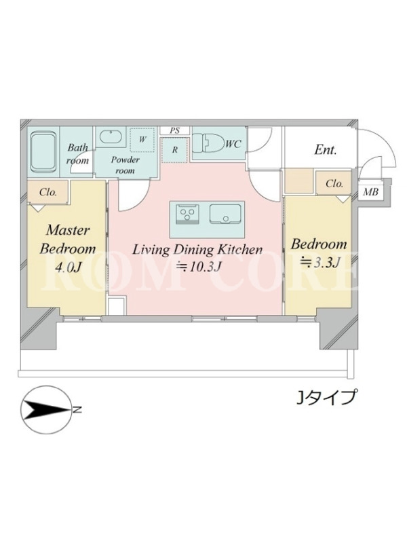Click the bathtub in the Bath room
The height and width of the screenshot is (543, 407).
[43, 151]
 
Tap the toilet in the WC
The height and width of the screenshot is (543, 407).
[208, 142]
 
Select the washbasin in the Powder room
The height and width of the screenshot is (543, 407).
[111, 136]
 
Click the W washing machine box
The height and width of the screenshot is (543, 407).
[142, 140]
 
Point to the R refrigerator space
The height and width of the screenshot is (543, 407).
[175, 150]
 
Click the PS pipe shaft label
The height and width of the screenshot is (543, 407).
[175, 130]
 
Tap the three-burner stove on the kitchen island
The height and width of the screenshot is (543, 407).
[188, 214]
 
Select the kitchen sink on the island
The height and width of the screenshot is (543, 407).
[225, 214]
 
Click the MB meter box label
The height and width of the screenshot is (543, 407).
[370, 191]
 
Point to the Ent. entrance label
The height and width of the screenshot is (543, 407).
[326, 149]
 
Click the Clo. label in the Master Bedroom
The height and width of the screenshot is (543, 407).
[48, 192]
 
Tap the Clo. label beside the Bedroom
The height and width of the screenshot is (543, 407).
[334, 183]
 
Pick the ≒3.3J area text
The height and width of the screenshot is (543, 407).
[318, 262]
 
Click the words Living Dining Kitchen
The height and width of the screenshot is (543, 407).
[197, 249]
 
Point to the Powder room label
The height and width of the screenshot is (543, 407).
[125, 165]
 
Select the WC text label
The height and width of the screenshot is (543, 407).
[233, 145]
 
